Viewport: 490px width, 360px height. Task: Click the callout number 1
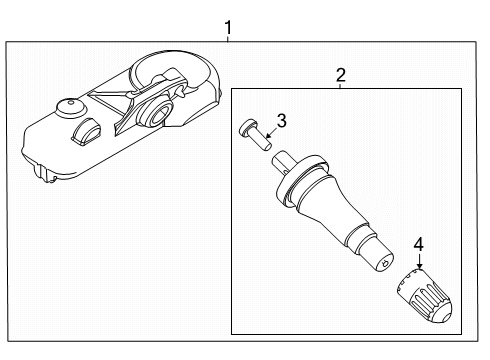point(228,28)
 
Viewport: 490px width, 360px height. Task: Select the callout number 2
point(341,75)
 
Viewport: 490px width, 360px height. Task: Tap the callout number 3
point(282,121)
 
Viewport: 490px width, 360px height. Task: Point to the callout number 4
point(419,244)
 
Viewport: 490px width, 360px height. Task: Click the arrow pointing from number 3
point(272,133)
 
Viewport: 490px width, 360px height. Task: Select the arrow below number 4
point(419,261)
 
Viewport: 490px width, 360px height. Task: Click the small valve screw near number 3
point(255,135)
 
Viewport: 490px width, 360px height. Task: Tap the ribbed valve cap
point(424,296)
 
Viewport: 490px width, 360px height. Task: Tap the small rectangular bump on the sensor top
point(86,132)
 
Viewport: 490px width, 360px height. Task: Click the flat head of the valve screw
point(246,127)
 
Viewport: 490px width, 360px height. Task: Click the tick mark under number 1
point(228,39)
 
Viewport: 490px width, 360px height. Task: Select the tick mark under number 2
point(340,86)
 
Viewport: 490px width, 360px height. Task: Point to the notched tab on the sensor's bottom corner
point(45,173)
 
